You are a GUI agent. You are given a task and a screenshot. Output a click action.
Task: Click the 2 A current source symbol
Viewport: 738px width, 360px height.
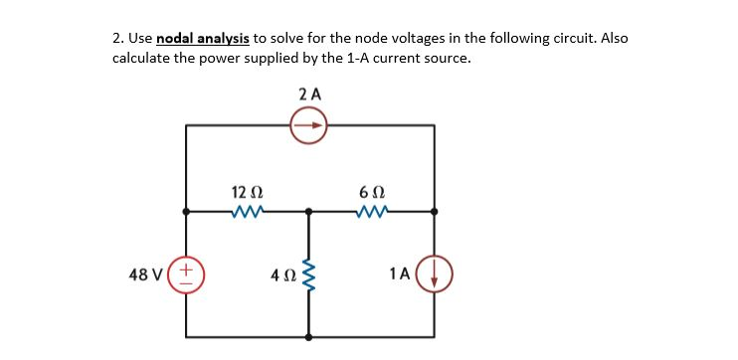pyautogui.click(x=309, y=126)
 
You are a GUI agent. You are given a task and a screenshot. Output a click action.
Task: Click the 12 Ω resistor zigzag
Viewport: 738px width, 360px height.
pyautogui.click(x=246, y=211)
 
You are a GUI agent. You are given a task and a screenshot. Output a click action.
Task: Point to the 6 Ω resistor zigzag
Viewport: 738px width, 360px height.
pyautogui.click(x=370, y=211)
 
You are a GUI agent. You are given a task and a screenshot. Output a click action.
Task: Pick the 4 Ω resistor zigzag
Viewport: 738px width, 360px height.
pyautogui.click(x=309, y=272)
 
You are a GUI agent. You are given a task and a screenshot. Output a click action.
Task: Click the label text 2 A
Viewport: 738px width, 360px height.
pyautogui.click(x=309, y=94)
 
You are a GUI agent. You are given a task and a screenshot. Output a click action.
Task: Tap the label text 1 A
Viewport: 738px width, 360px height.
pyautogui.click(x=400, y=272)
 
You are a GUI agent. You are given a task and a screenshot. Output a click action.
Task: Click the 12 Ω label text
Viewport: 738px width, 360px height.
pyautogui.click(x=246, y=191)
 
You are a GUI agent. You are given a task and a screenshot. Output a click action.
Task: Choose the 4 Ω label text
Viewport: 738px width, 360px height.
pyautogui.click(x=281, y=272)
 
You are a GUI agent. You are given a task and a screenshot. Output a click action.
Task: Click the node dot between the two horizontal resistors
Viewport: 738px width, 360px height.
pyautogui.click(x=309, y=211)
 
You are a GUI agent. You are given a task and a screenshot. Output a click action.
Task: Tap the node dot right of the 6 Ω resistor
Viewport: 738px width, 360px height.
pyautogui.click(x=435, y=211)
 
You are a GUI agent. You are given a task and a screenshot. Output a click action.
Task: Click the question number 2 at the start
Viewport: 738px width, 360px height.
pyautogui.click(x=116, y=39)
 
